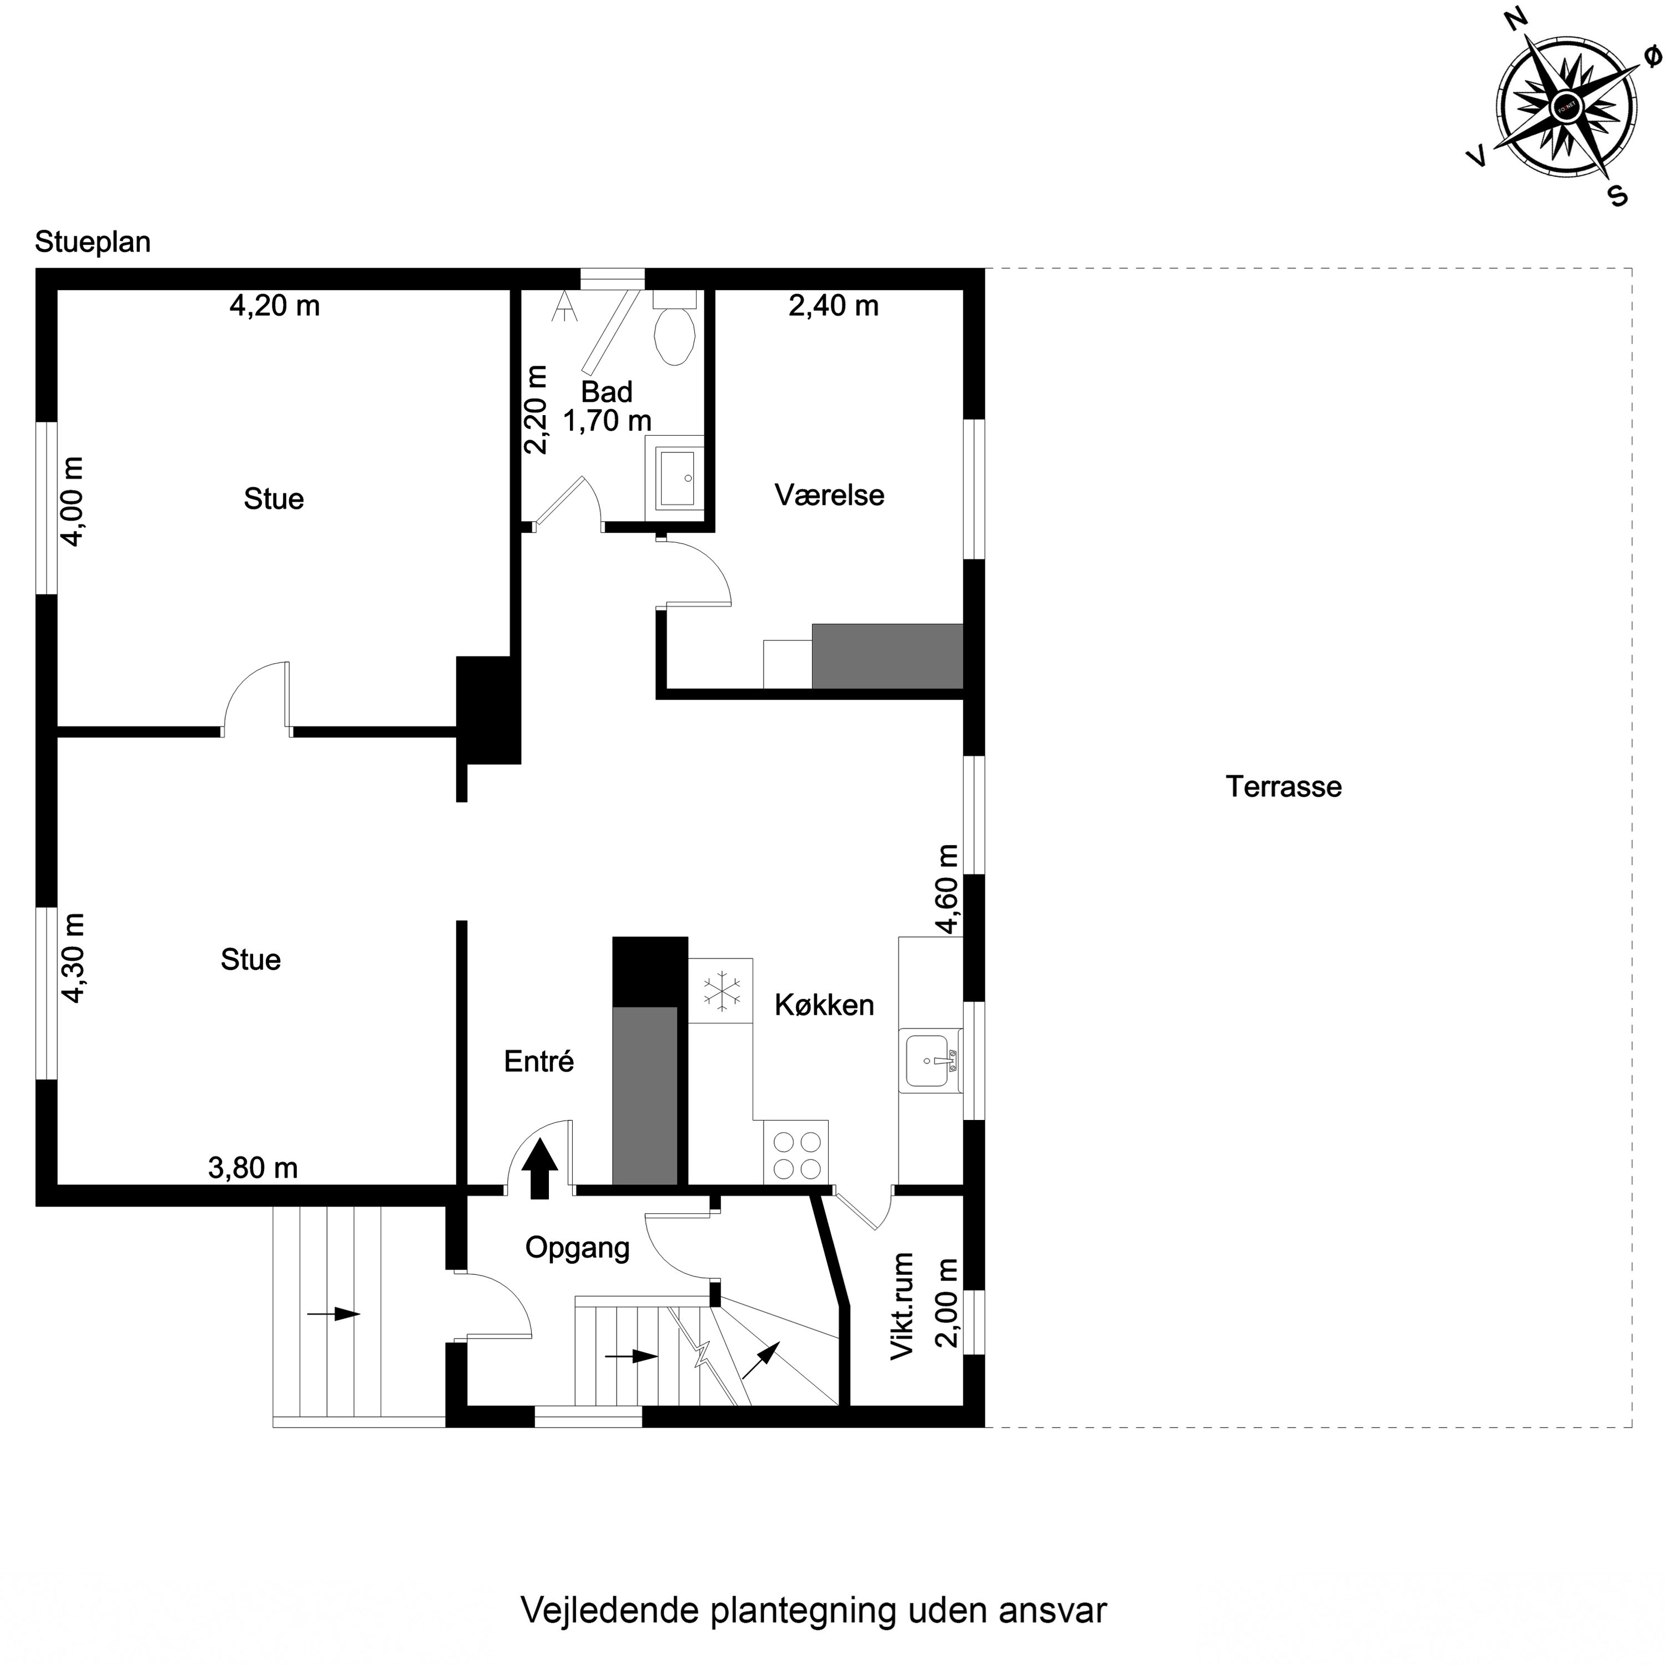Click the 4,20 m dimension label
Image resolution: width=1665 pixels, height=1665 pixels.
click(x=274, y=306)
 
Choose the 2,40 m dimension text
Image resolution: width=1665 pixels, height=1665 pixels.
click(x=834, y=306)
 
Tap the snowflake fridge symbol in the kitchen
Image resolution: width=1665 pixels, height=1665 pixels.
click(x=720, y=990)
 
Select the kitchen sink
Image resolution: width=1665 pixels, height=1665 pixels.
click(x=929, y=1061)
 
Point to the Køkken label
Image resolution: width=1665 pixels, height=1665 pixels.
click(x=824, y=1005)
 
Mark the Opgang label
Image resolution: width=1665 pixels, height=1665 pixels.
click(x=577, y=1248)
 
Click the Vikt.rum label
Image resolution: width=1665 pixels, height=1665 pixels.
click(x=901, y=1306)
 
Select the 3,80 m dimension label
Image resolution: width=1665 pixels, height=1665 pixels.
click(x=253, y=1169)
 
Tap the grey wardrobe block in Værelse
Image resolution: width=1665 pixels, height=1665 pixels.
click(x=887, y=657)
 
